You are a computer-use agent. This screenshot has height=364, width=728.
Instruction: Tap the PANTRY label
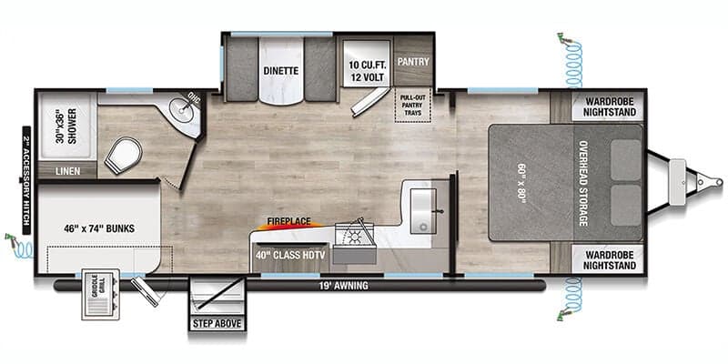point(412,63)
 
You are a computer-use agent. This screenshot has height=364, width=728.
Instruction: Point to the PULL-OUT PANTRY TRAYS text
point(412,106)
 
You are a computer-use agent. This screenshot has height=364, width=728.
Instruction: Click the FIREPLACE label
point(288,221)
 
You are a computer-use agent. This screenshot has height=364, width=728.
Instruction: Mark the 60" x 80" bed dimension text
point(520,183)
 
